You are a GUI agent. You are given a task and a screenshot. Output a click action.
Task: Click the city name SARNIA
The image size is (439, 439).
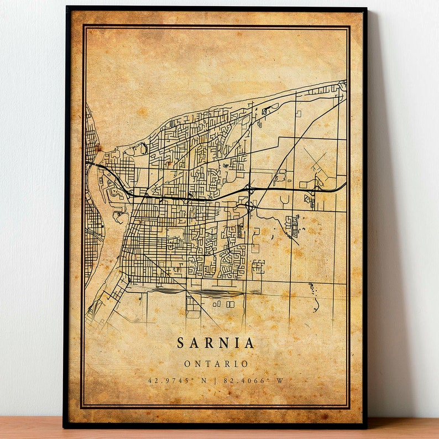coord(216,343)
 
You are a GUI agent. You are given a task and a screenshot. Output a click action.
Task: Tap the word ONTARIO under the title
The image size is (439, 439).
coord(216,364)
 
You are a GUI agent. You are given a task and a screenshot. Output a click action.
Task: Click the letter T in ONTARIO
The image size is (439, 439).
coord(207,364)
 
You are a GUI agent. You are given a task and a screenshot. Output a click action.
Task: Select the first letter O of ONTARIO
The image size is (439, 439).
coord(187,364)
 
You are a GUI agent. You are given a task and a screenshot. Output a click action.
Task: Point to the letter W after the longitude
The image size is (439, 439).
coord(280,381)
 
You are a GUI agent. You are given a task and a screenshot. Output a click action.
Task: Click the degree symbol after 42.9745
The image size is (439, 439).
coord(191,379)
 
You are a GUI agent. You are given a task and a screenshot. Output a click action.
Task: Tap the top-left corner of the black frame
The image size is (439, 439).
coord(66,8)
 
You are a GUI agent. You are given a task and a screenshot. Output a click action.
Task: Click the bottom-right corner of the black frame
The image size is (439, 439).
coord(366,427)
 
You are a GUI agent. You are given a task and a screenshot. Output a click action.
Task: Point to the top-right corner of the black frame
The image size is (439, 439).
coord(365,9)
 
